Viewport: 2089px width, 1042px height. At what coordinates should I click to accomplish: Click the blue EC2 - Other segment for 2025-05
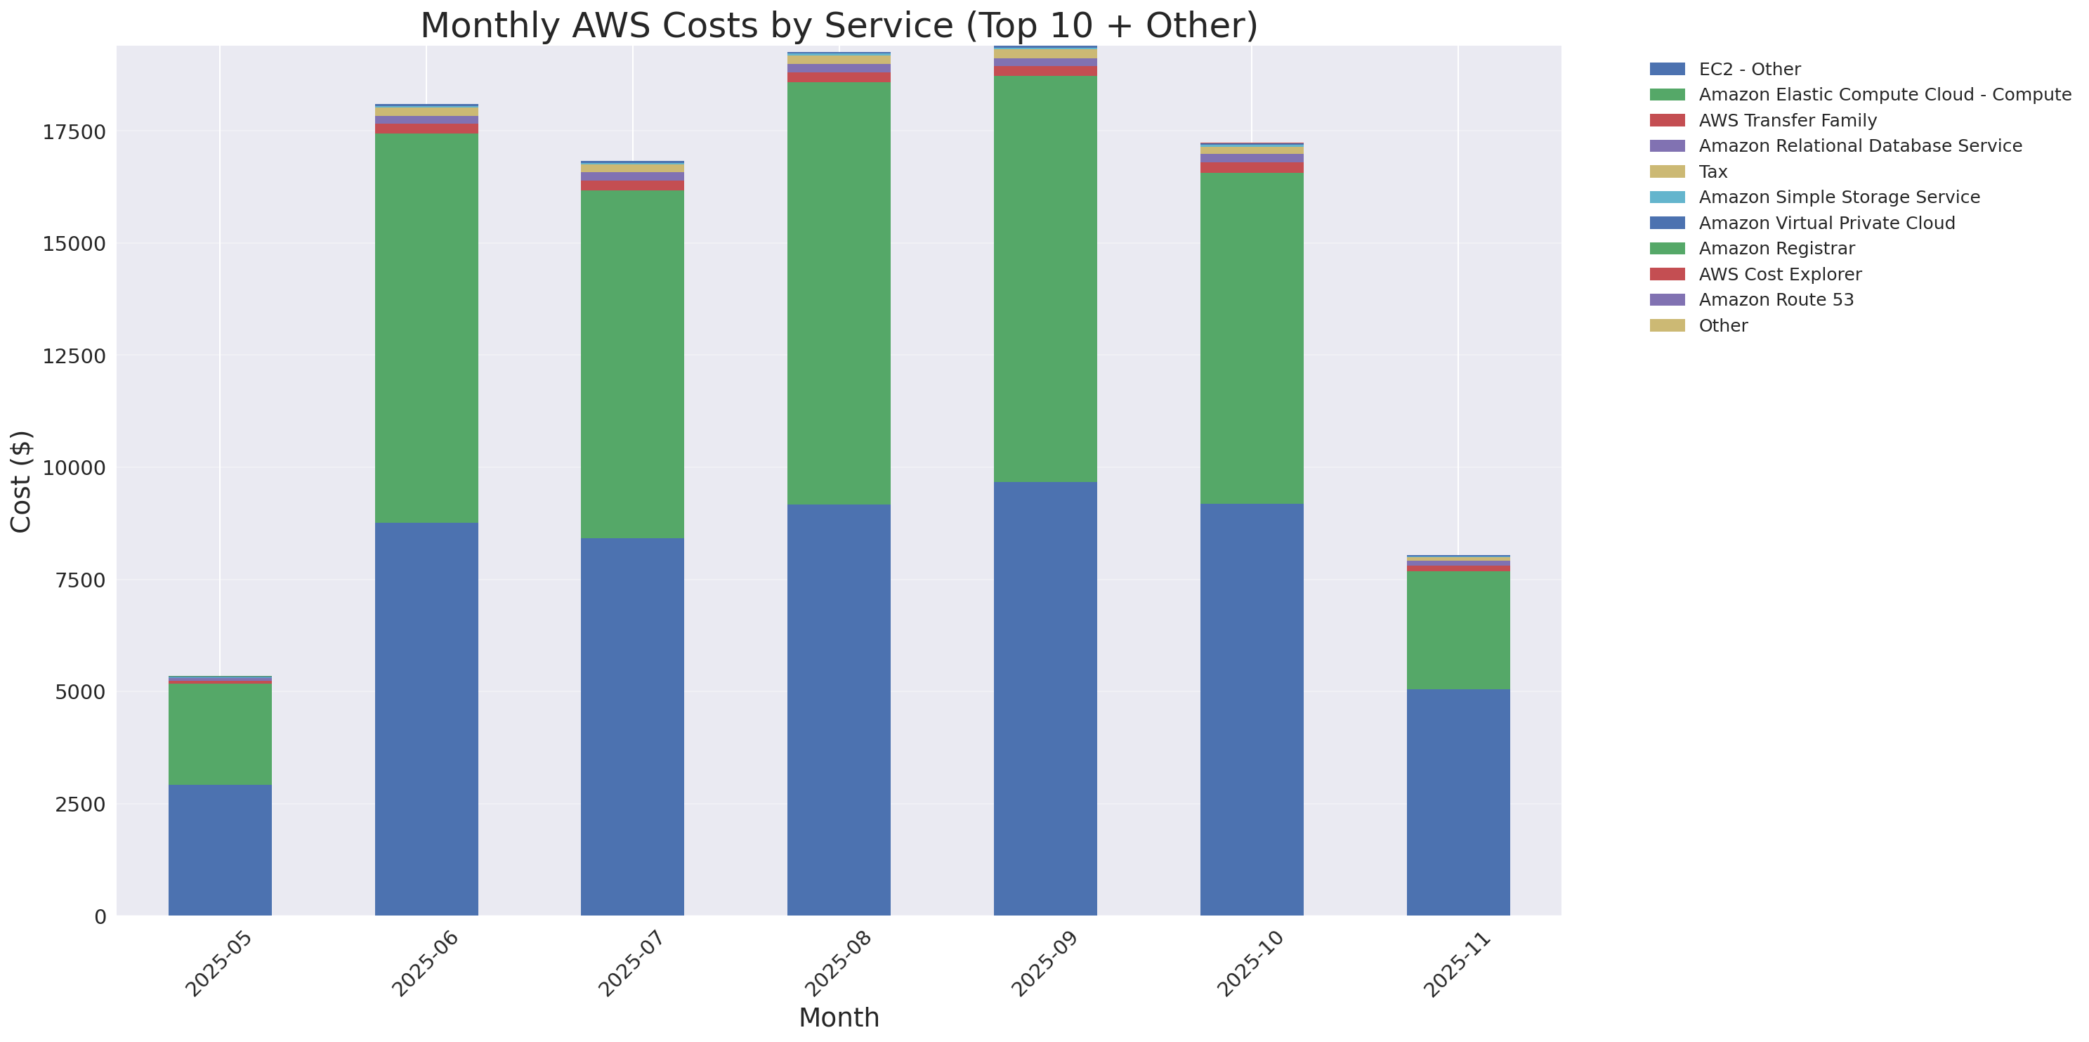[220, 849]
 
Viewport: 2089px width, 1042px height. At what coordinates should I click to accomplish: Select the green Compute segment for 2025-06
[426, 327]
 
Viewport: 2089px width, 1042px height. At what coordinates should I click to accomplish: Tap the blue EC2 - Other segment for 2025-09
[1045, 698]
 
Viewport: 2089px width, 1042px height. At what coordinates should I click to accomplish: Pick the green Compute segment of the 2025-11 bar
[1458, 630]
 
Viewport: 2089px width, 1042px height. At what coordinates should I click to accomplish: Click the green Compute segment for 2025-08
[839, 293]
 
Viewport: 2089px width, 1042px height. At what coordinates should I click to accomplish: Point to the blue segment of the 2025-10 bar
[1251, 710]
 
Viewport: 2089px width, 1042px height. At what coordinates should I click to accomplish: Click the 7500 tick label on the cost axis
[74, 580]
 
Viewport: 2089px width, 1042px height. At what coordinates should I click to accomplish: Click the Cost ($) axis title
[21, 481]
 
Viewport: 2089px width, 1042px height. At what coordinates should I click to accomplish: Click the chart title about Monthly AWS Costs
[839, 25]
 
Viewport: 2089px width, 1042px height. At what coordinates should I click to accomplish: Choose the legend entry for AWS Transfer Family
[1788, 121]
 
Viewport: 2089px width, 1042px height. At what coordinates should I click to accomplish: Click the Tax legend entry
[1713, 172]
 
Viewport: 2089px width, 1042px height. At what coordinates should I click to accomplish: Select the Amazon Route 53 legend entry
[1776, 300]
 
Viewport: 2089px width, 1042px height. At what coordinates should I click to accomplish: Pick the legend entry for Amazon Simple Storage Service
[1838, 197]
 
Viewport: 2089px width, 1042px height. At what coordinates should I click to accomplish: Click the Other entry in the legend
[1722, 326]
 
